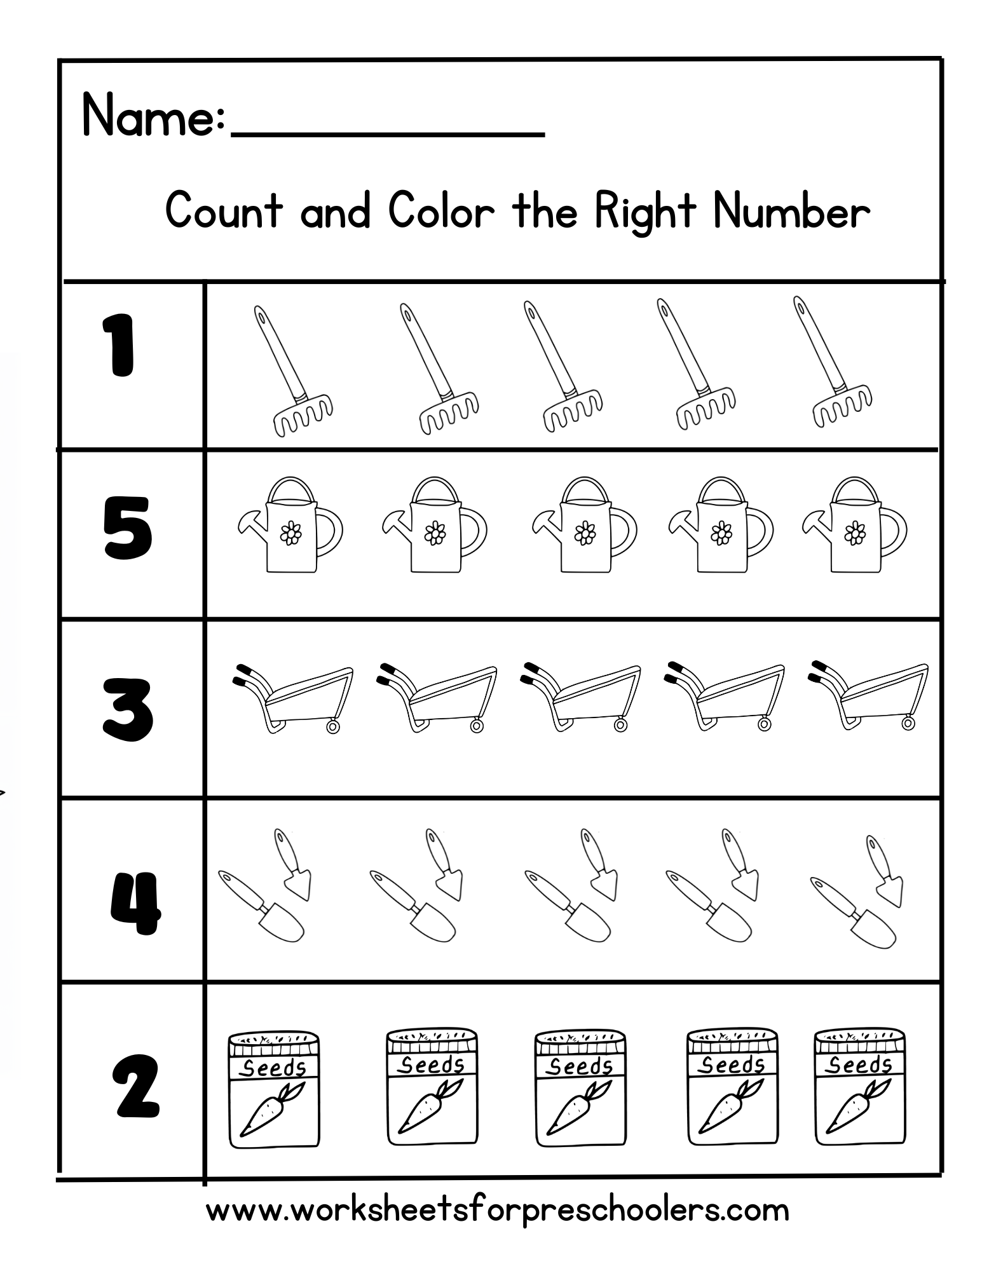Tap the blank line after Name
point(388,134)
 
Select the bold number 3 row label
point(128,710)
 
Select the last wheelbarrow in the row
point(869,697)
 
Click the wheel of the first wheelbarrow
point(332,725)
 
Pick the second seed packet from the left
point(432,1087)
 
